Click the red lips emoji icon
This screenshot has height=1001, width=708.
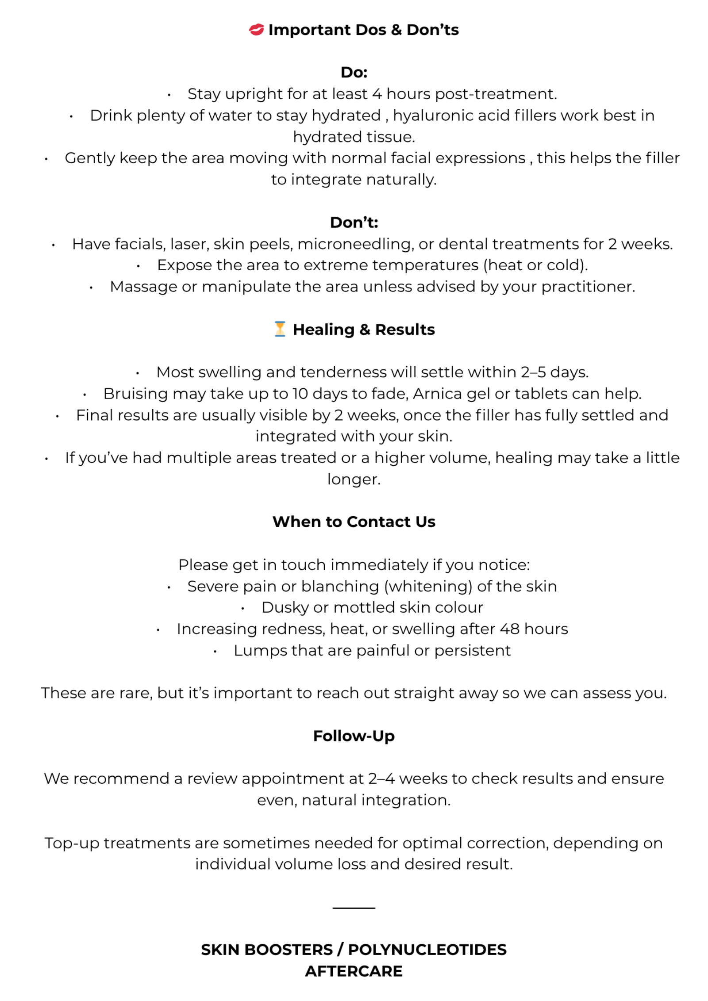pyautogui.click(x=256, y=30)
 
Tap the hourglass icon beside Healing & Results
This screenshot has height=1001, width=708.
pyautogui.click(x=280, y=330)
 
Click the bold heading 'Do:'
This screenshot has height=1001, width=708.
pyautogui.click(x=354, y=72)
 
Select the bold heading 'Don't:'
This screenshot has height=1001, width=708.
pyautogui.click(x=354, y=222)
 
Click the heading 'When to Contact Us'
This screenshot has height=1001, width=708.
pyautogui.click(x=354, y=522)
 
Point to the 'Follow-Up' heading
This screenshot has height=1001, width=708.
pyautogui.click(x=354, y=736)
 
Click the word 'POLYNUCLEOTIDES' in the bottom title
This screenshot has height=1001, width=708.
pyautogui.click(x=427, y=949)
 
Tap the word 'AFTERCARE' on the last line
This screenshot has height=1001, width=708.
pyautogui.click(x=354, y=971)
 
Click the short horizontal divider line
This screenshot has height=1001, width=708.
pyautogui.click(x=354, y=908)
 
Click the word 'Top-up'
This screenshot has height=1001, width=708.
pyautogui.click(x=72, y=843)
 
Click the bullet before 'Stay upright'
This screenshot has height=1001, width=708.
pyautogui.click(x=169, y=95)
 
